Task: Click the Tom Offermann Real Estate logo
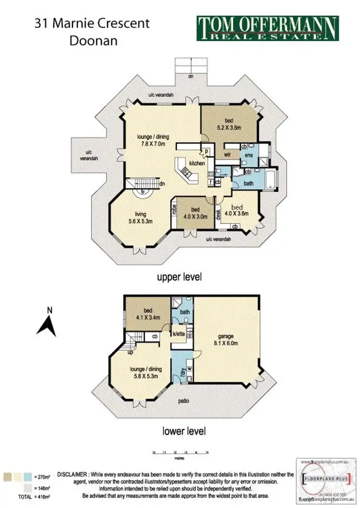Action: coord(267,28)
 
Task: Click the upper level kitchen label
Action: coord(197,164)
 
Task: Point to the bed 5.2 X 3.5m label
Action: coord(228,125)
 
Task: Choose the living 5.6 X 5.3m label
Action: coord(140,218)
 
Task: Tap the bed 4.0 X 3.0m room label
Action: coord(196,213)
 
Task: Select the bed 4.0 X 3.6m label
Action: coord(239,211)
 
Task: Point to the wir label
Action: coord(228,155)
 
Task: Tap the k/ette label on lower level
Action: coord(179,333)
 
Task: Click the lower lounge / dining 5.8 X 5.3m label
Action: coord(145,373)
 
